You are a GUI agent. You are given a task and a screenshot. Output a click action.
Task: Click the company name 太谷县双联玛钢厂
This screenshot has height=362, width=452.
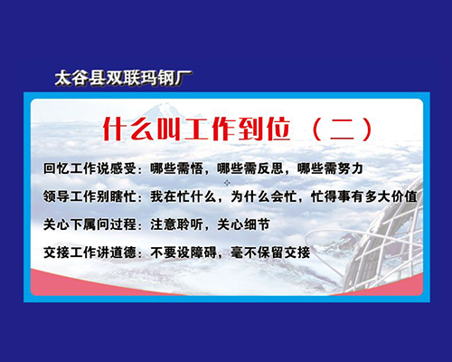click(x=124, y=79)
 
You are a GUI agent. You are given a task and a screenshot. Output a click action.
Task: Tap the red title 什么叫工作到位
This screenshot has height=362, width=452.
click(x=196, y=129)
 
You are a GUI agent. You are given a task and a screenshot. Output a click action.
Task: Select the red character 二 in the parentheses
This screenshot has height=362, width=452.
click(x=342, y=129)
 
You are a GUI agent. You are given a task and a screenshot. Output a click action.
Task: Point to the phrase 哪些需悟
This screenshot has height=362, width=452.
click(x=176, y=168)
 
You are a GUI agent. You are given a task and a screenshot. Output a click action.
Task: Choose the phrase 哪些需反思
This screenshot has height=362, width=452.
click(x=250, y=168)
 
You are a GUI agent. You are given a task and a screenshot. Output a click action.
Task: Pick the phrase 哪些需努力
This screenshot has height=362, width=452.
click(x=330, y=168)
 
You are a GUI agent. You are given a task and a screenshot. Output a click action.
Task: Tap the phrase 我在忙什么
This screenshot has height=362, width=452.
click(x=184, y=196)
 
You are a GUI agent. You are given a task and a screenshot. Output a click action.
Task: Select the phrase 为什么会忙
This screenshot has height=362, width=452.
click(x=263, y=196)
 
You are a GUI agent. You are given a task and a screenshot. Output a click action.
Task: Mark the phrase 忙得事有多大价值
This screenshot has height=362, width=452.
click(x=364, y=196)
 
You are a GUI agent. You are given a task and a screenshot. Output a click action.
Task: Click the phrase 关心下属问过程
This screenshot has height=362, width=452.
click(x=89, y=224)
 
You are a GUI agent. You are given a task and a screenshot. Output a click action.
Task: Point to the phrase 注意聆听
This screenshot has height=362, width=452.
click(x=176, y=224)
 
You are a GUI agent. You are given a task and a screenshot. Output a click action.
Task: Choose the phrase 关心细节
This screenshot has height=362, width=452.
click(x=243, y=224)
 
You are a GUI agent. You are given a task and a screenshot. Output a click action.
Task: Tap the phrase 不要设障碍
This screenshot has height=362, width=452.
click(x=184, y=252)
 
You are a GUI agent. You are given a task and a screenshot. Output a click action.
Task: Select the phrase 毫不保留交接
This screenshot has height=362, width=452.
click(x=270, y=252)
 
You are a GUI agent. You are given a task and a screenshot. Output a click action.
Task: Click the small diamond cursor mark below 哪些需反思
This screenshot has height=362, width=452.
click(x=227, y=183)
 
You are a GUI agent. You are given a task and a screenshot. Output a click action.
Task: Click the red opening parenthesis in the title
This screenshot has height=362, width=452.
click(x=316, y=129)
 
